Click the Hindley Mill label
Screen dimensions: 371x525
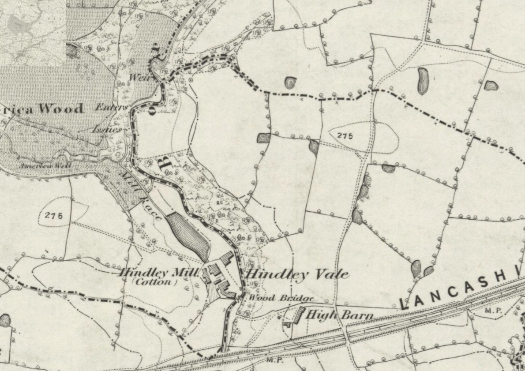(158, 273)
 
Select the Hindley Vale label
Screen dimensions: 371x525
(297, 274)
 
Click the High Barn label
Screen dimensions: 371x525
(339, 315)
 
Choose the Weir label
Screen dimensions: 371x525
(137, 77)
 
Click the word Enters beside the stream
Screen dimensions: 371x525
(112, 107)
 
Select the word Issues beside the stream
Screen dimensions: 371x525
(107, 129)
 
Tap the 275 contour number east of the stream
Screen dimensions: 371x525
(345, 136)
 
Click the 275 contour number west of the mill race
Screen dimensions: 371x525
(54, 216)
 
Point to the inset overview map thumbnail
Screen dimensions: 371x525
(33, 33)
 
